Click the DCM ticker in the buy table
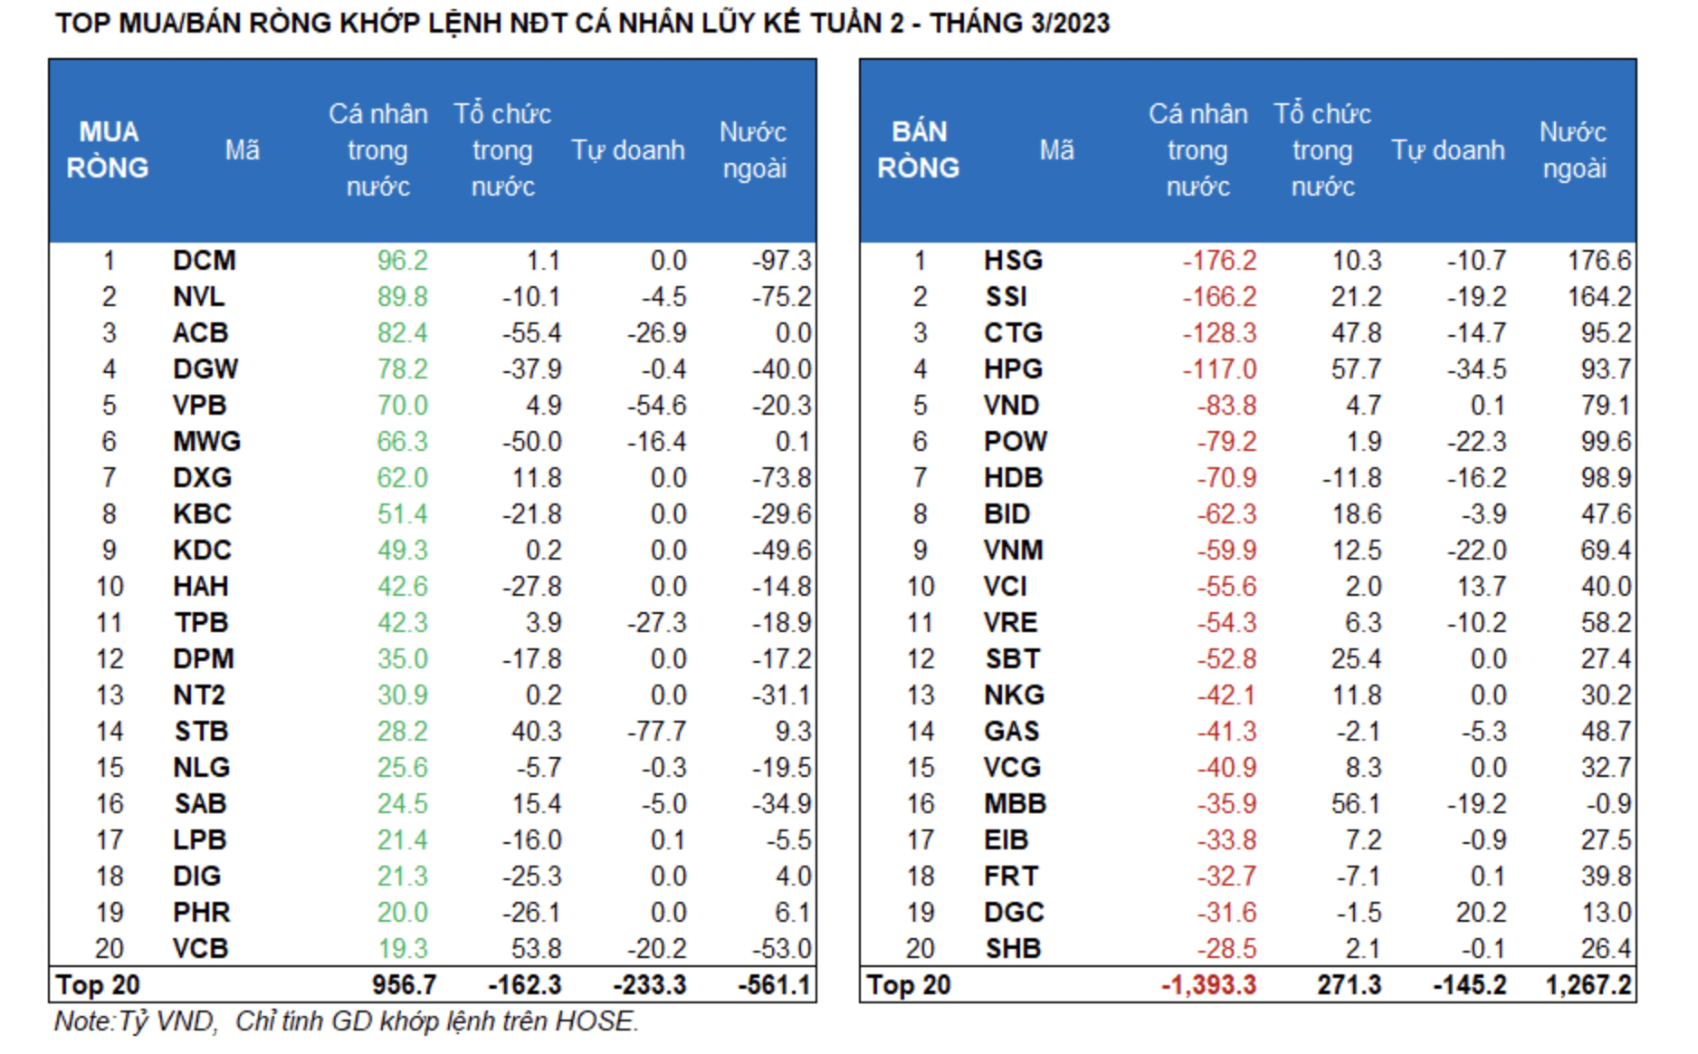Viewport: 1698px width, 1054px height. tap(204, 261)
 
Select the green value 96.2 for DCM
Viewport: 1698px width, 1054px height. tap(402, 261)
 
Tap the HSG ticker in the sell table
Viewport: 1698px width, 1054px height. tap(1013, 261)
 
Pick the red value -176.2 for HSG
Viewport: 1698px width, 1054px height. tap(1219, 261)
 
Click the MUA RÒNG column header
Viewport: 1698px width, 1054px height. tap(108, 150)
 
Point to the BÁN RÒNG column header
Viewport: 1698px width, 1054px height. tap(919, 150)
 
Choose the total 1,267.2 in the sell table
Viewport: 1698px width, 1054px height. tap(1588, 985)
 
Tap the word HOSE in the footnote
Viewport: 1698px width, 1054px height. tap(593, 1021)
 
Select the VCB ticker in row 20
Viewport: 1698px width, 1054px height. tap(200, 949)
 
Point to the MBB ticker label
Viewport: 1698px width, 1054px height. tap(1015, 804)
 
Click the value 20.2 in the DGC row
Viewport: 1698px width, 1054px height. tap(1481, 913)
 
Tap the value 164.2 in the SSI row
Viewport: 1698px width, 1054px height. tap(1599, 297)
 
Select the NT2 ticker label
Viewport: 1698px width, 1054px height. tap(198, 695)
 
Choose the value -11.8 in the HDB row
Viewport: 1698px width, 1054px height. tap(1351, 478)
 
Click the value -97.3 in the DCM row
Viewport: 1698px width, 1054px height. tap(781, 261)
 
